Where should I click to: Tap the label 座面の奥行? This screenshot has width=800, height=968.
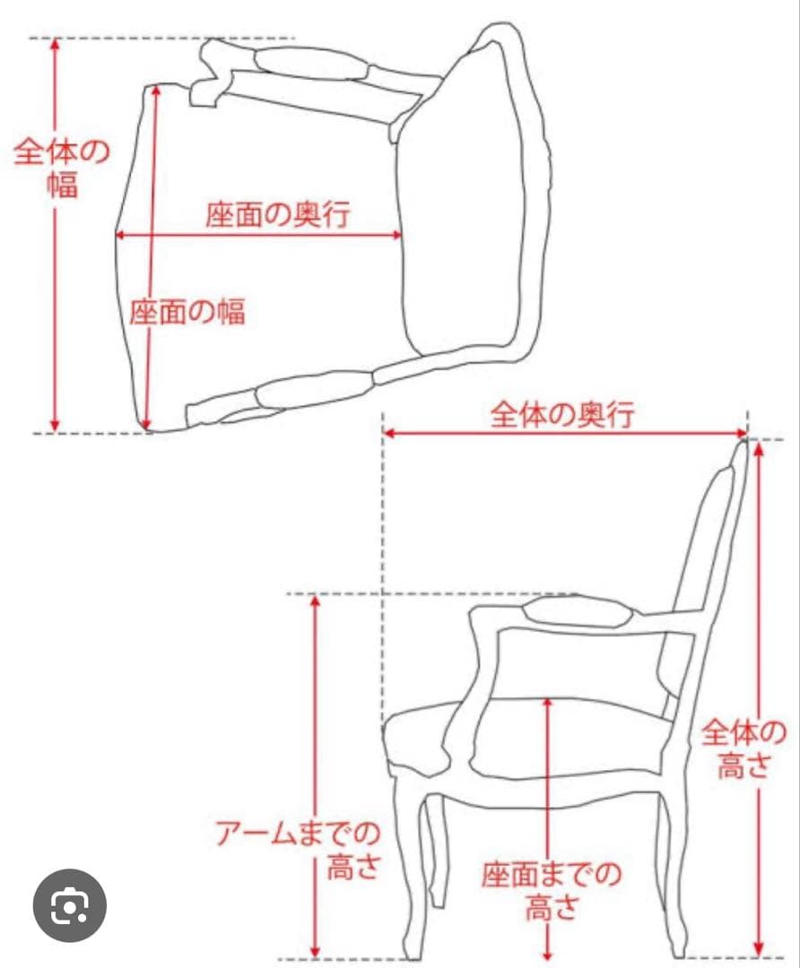point(277,215)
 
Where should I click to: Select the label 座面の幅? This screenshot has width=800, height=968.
point(187,312)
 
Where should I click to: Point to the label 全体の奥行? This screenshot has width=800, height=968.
point(562,415)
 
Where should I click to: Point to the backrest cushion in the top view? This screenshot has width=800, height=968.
point(462,202)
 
